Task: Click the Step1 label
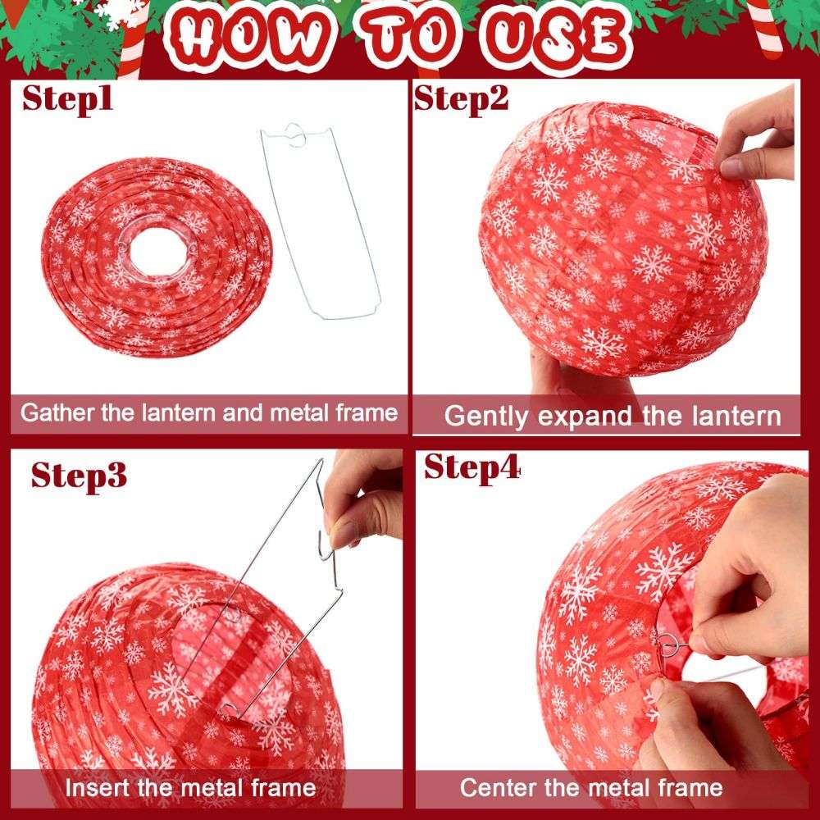(x=67, y=99)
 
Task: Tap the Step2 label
(x=461, y=99)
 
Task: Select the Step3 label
(x=79, y=476)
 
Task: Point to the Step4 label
(x=472, y=467)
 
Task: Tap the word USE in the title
(x=557, y=38)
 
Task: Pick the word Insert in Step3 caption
(x=98, y=787)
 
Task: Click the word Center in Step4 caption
(x=499, y=787)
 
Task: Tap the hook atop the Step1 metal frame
(x=295, y=134)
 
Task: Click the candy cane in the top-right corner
(x=763, y=26)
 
